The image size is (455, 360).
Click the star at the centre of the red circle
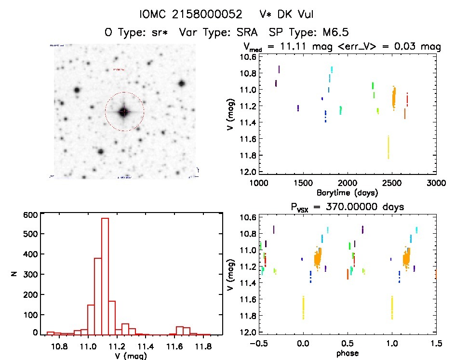[124, 112]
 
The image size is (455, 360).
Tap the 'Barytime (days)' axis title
[347, 193]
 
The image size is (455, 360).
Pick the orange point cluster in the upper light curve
[394, 97]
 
